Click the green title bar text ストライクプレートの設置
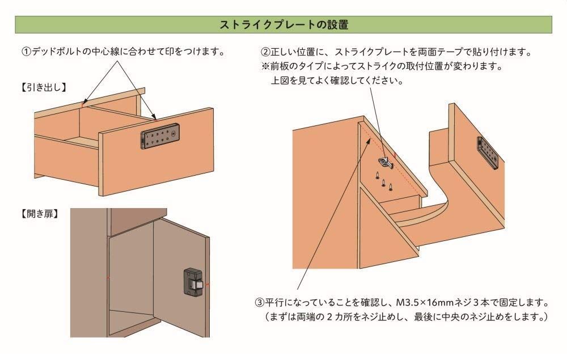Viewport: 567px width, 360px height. coord(283,25)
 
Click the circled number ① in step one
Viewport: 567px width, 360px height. coord(26,52)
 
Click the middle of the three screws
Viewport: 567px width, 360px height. coord(384,183)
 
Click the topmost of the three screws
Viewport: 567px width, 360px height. coord(377,175)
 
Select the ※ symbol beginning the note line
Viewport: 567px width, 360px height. coord(265,66)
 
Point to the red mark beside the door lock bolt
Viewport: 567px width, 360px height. coord(209,282)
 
